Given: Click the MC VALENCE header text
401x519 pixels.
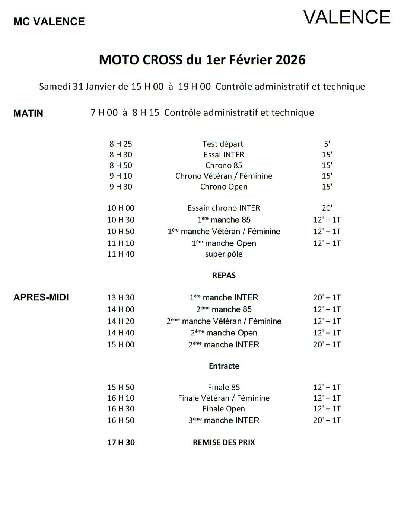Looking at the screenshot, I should (x=49, y=22).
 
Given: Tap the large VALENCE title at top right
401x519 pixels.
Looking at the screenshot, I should (x=347, y=17).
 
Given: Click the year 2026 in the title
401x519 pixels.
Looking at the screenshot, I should (x=290, y=60).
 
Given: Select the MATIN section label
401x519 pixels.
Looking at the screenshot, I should (x=28, y=113).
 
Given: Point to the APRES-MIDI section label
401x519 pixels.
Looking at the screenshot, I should (x=41, y=297).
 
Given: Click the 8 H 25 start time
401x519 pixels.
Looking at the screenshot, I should (x=121, y=144).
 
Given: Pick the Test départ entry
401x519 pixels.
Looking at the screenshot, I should (x=223, y=144).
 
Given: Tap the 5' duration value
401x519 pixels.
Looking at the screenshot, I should (x=327, y=144).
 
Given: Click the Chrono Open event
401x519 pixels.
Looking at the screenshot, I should (x=224, y=187).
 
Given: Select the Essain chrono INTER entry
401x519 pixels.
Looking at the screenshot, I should (x=224, y=208).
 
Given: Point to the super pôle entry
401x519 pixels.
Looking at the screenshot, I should (x=224, y=254).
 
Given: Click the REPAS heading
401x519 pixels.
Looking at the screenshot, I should (x=224, y=276).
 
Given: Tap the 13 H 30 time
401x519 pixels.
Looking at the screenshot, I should (x=121, y=298).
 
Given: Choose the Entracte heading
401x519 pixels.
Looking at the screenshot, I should (x=224, y=366).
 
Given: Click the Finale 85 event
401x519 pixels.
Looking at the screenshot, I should (x=224, y=388).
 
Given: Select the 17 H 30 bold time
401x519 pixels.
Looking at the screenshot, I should (x=121, y=443).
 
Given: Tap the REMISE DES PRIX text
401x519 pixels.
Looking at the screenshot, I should (x=224, y=443).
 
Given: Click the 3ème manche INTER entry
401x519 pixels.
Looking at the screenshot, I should (x=224, y=420).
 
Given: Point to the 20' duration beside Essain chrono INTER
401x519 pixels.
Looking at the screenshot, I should (x=327, y=208).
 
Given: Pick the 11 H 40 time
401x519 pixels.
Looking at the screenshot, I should (x=121, y=254).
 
